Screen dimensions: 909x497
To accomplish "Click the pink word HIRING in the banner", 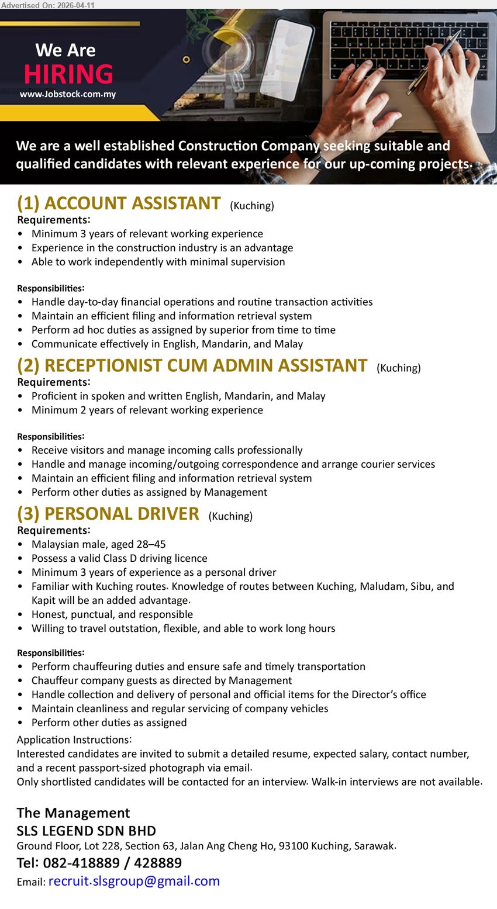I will [68, 74].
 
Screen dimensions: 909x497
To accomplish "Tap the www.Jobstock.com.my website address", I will [68, 94].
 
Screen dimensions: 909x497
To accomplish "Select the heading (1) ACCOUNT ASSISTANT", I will [119, 203].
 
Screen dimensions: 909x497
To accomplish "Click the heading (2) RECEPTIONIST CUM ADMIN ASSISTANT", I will [192, 366].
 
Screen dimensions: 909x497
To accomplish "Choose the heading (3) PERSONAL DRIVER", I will [108, 514].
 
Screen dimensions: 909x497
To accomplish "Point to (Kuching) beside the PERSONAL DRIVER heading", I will [230, 516].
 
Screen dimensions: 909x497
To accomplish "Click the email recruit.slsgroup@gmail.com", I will [134, 882].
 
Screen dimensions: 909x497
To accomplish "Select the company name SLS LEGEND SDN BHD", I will [86, 831].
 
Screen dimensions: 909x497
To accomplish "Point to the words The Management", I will [73, 813].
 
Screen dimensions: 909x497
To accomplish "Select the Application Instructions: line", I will [74, 740].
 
